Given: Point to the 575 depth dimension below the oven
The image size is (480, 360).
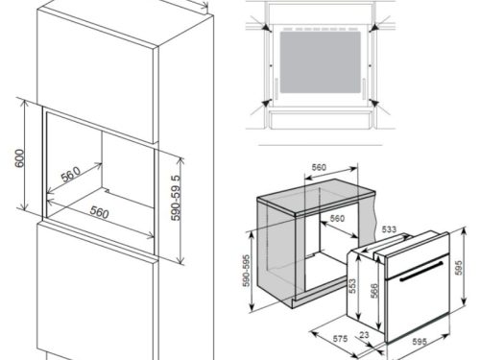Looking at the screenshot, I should (338, 338).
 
